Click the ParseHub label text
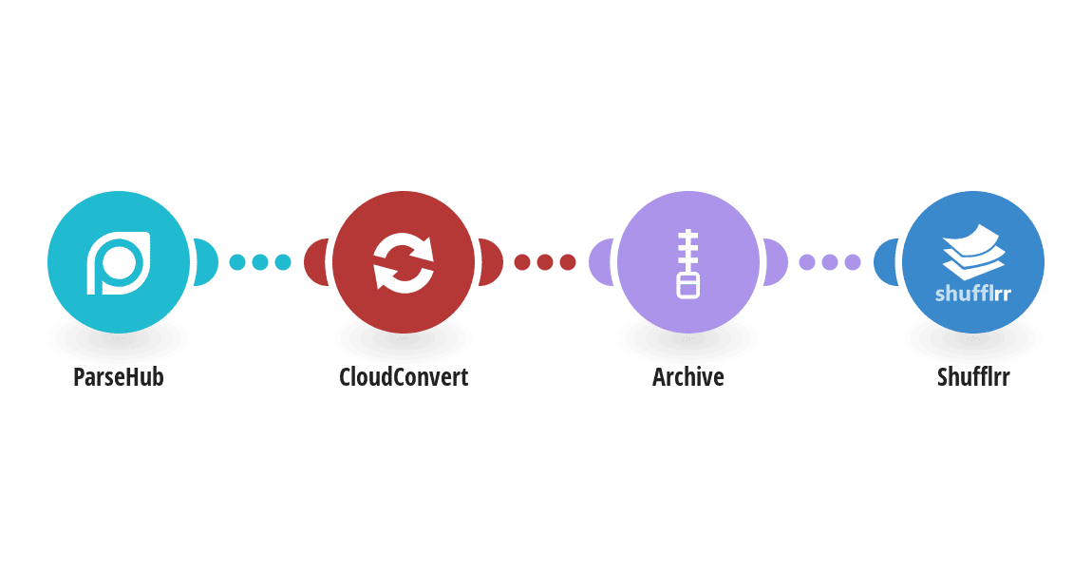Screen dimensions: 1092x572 [x=119, y=377]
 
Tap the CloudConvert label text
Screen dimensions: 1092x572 [x=404, y=377]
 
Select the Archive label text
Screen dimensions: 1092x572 [x=688, y=377]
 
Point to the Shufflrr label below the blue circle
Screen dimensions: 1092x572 [x=973, y=377]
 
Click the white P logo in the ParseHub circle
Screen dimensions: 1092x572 [x=119, y=262]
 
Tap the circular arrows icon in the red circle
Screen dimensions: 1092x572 [x=404, y=262]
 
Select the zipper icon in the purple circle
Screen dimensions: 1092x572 [x=688, y=263]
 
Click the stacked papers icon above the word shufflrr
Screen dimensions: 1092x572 [x=973, y=251]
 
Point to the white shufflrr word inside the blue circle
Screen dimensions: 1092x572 [x=973, y=294]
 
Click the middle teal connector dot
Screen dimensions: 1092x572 [x=260, y=262]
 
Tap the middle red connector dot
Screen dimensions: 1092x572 [x=545, y=262]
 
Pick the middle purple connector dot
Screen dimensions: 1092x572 [x=830, y=262]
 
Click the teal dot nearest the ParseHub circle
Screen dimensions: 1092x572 [x=237, y=262]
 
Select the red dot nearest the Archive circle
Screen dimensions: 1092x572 [x=568, y=262]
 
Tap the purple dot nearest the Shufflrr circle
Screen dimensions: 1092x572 [x=853, y=262]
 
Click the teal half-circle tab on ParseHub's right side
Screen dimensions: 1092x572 [x=207, y=262]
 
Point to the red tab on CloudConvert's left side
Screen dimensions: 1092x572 [x=316, y=262]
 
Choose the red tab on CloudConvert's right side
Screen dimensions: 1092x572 [x=491, y=262]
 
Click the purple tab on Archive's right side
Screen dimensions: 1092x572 [x=776, y=262]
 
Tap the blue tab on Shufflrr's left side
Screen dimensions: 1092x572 [x=886, y=262]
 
